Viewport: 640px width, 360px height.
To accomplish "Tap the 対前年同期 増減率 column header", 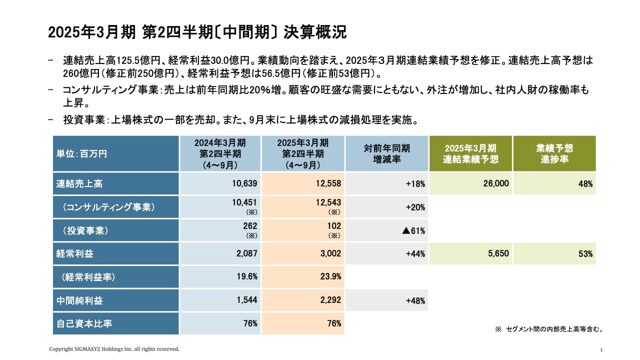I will pos(386,154).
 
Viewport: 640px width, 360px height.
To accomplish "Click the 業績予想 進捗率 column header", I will pos(554,154).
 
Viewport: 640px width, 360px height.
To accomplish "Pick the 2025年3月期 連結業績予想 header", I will pos(470,154).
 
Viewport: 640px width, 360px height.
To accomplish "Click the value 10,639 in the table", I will pos(244,184).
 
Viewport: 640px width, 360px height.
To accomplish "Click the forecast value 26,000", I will pos(496,184).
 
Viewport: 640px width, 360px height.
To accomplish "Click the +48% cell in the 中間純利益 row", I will pos(415,301).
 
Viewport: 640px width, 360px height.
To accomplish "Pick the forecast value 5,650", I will pos(498,254).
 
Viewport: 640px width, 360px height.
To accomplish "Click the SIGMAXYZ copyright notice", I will pos(113,349).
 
